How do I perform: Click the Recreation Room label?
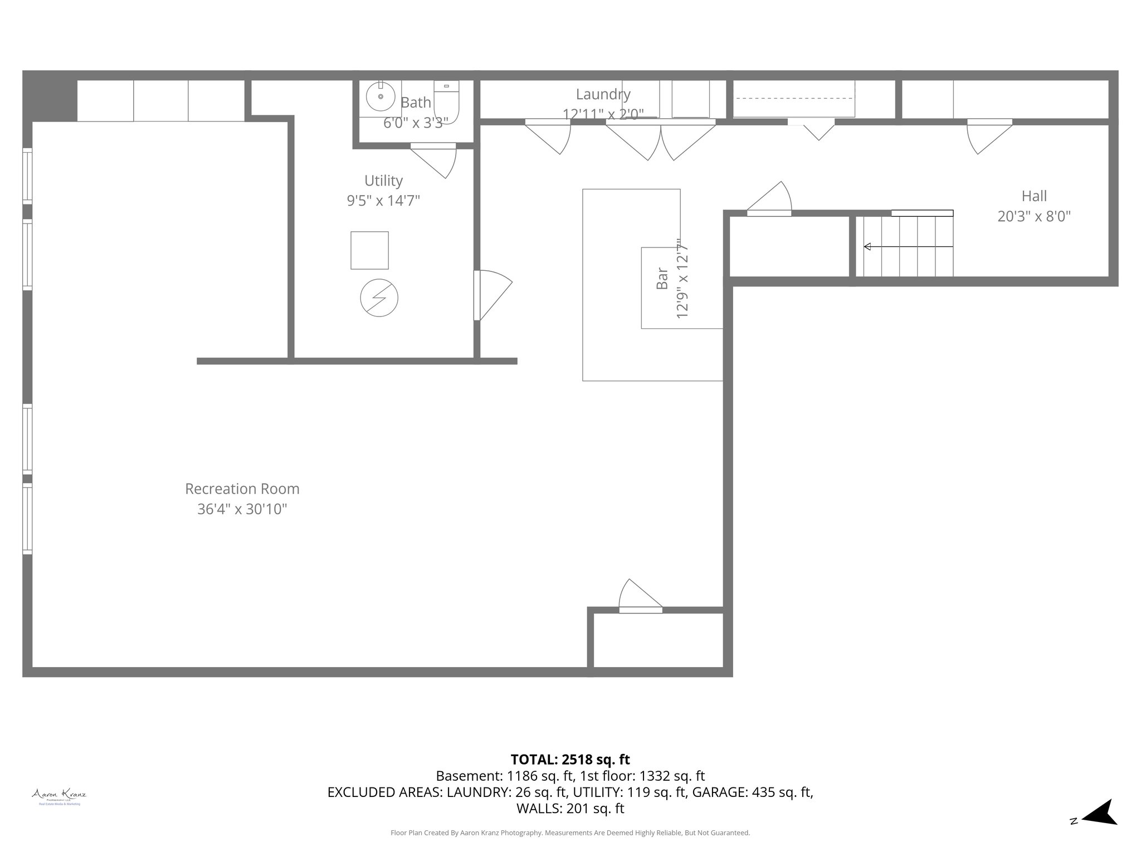point(242,489)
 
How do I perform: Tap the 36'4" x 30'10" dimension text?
point(242,509)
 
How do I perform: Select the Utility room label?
point(383,181)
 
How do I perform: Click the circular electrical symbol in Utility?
point(379,298)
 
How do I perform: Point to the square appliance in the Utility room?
point(369,250)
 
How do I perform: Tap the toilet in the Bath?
point(447,101)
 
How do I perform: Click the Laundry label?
point(603,94)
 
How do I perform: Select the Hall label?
point(1034,196)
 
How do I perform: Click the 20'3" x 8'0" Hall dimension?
point(1034,216)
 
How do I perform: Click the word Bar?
point(662,278)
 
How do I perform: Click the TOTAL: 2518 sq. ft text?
point(570,760)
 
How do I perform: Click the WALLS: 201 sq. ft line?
point(570,808)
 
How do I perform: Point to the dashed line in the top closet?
point(793,98)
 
